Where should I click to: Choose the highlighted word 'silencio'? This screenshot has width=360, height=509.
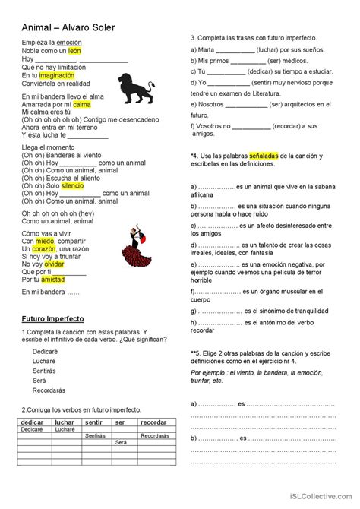tap(73, 185)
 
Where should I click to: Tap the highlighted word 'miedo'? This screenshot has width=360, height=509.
tap(45, 241)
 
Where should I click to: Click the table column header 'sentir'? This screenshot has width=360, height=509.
tap(94, 421)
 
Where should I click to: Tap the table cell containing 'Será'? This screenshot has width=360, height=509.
tap(121, 442)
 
